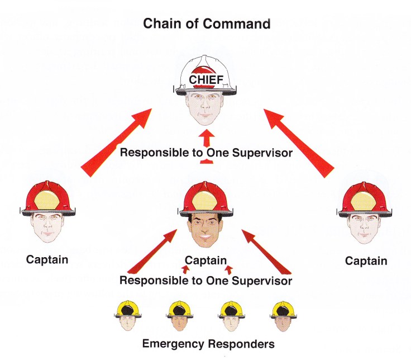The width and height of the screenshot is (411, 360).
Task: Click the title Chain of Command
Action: [x=207, y=23]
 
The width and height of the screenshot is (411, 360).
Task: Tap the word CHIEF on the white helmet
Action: [x=206, y=79]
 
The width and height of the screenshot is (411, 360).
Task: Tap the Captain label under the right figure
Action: [x=366, y=260]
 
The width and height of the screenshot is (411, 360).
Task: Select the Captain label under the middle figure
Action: [x=205, y=260]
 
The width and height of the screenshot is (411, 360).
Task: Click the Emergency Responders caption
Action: [x=208, y=343]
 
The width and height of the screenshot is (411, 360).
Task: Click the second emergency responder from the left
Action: [x=177, y=316]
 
